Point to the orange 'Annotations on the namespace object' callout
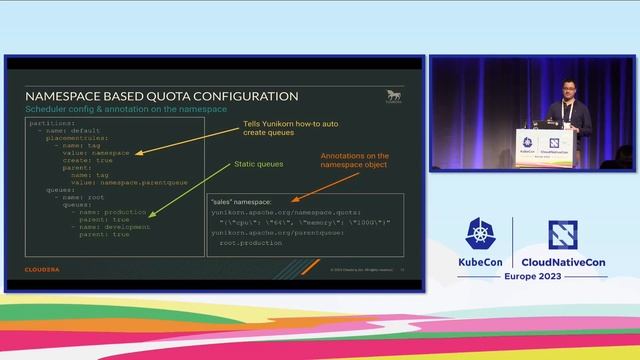click(355, 162)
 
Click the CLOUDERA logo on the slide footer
click(42, 269)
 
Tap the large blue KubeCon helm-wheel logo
click(478, 234)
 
